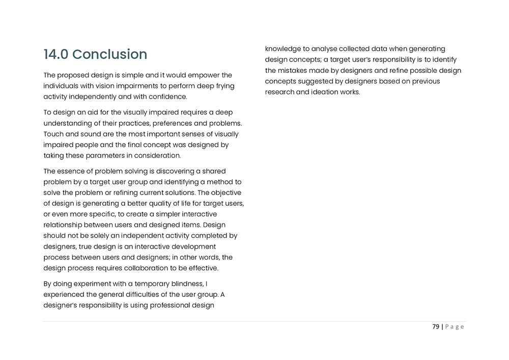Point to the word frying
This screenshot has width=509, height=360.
224,86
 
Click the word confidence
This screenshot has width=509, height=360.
169,96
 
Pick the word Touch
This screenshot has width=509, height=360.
53,134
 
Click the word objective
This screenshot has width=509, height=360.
227,192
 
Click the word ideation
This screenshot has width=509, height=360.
325,92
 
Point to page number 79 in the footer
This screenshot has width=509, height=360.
436,327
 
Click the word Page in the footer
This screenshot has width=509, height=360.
455,327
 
